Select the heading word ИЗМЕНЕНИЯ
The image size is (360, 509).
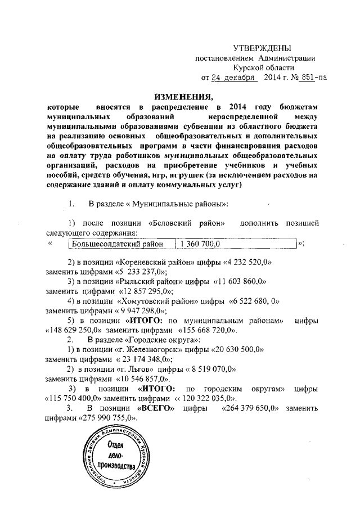tap(181, 96)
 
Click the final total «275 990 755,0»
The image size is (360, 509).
tap(103, 417)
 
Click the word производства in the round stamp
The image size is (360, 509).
tap(118, 466)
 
